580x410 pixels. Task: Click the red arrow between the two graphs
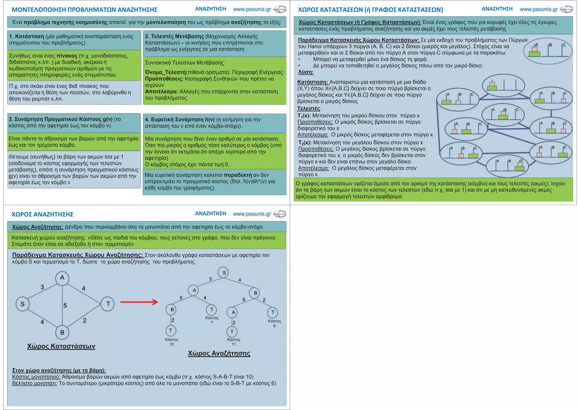139,302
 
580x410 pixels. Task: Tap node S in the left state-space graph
22,304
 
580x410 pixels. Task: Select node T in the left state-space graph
108,304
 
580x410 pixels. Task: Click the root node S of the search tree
224,273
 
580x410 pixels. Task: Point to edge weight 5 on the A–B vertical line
65,305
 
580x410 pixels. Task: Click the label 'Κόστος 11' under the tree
234,342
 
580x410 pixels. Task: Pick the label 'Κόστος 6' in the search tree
274,323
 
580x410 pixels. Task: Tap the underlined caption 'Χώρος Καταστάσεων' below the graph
61,346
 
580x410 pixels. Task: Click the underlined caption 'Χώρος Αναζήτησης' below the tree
219,353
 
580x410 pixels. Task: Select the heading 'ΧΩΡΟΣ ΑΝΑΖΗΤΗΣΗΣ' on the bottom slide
42,214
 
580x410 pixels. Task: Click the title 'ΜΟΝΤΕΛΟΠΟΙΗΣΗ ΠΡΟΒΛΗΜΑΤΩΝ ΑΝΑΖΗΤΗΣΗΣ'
84,10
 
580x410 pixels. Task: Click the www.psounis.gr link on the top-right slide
538,9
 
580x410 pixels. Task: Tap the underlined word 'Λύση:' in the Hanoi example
306,72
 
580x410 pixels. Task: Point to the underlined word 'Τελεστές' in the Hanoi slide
309,109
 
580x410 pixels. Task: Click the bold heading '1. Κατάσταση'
27,37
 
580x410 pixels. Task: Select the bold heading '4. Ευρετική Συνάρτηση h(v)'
180,120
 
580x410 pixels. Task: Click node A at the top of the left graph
62,278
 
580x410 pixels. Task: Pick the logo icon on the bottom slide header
280,214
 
